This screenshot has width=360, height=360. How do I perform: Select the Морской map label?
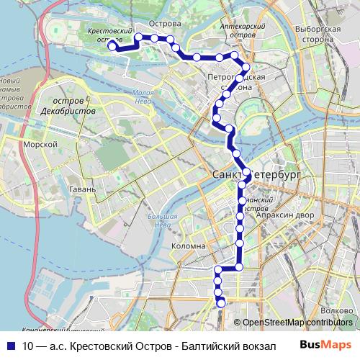click(x=40, y=145)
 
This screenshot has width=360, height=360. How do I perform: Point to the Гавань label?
click(x=83, y=189)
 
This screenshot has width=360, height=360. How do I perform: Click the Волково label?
click(x=338, y=311)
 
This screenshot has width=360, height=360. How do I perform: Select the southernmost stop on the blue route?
click(x=221, y=303)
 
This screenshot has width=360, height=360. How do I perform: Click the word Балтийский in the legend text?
click(x=211, y=345)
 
